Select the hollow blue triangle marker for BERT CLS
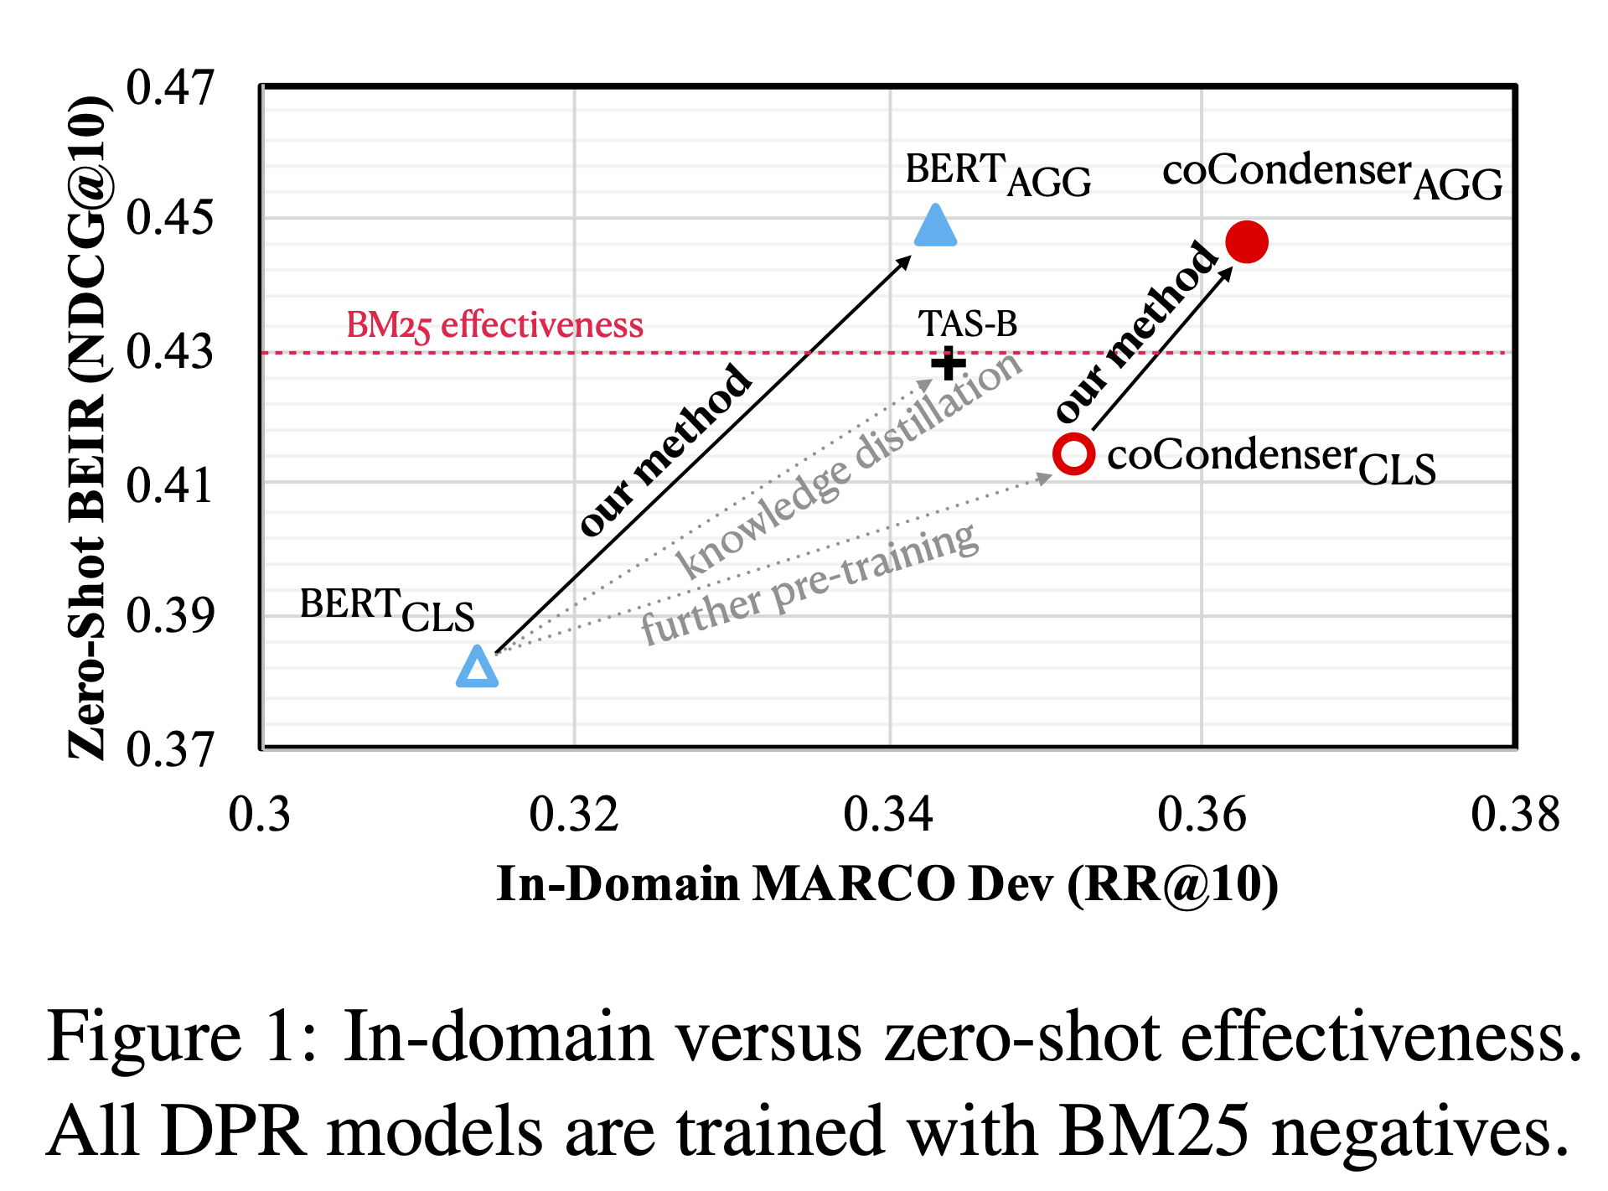click(477, 669)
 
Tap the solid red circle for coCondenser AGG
click(1246, 242)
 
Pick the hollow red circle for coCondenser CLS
click(1073, 454)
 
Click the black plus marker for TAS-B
click(949, 364)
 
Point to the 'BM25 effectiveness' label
click(494, 325)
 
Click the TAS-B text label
click(967, 324)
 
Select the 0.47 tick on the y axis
click(170, 87)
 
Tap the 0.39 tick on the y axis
click(170, 616)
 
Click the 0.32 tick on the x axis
click(574, 814)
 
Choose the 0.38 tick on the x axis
click(1515, 814)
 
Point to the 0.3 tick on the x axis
click(260, 814)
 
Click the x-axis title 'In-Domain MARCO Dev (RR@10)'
click(887, 883)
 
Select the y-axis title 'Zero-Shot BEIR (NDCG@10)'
click(87, 427)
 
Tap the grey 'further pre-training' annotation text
click(809, 584)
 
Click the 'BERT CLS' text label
click(386, 609)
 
